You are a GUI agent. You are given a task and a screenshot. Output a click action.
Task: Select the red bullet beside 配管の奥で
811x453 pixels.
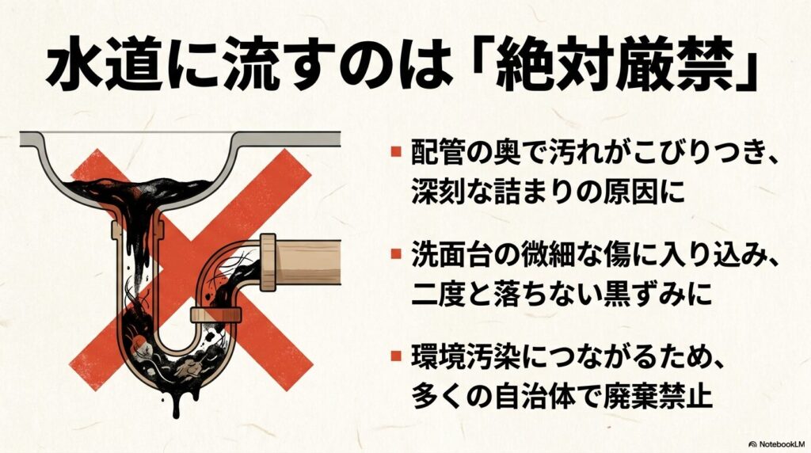tap(394, 150)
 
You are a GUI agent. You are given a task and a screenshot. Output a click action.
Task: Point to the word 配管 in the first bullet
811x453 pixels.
tap(432, 150)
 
